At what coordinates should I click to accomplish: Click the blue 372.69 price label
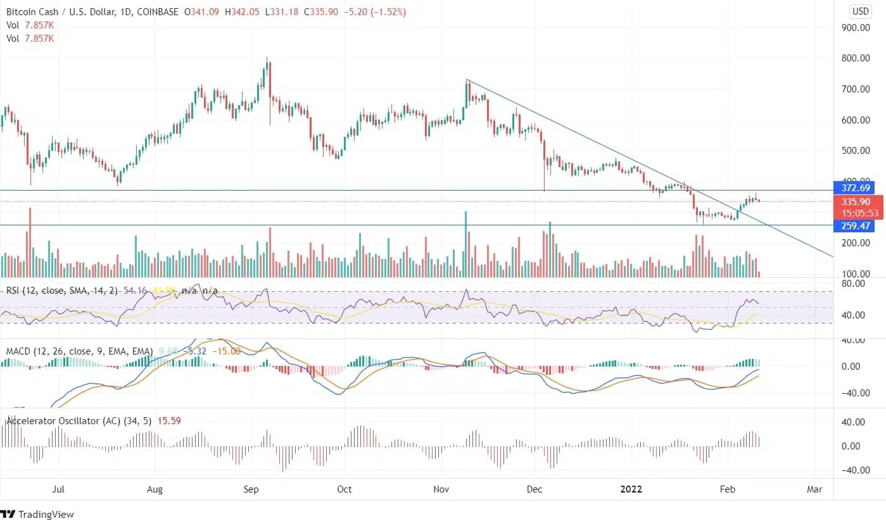[x=854, y=188]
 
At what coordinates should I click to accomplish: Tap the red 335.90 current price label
[x=854, y=202]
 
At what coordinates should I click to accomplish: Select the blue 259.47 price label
[x=854, y=225]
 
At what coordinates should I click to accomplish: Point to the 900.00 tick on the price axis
[x=854, y=28]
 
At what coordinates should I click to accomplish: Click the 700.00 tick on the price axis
[x=854, y=89]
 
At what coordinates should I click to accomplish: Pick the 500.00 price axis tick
[x=854, y=151]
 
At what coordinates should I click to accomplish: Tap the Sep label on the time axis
[x=251, y=489]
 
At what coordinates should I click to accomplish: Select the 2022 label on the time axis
[x=631, y=489]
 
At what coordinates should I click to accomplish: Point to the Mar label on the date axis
[x=814, y=489]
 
